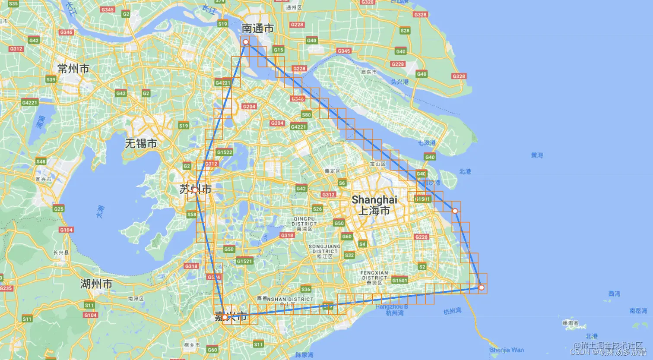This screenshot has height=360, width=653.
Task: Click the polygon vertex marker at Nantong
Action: pyautogui.click(x=245, y=42)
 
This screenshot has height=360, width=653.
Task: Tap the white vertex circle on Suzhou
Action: pyautogui.click(x=195, y=190)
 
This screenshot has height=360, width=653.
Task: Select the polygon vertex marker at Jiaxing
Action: pyautogui.click(x=225, y=317)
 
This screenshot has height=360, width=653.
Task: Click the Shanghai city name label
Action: pyautogui.click(x=374, y=205)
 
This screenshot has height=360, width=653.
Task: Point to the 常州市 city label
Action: pyautogui.click(x=73, y=68)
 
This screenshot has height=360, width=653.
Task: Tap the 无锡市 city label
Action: pyautogui.click(x=141, y=143)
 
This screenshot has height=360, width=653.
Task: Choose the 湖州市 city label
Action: pyautogui.click(x=96, y=284)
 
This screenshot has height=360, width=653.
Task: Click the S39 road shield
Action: pyautogui.click(x=51, y=79)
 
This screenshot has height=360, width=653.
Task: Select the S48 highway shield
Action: pyautogui.click(x=41, y=161)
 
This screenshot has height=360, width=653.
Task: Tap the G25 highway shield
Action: pyautogui.click(x=59, y=209)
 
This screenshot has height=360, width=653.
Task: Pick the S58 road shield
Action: pyautogui.click(x=192, y=215)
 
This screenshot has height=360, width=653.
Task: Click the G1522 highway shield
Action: pyautogui.click(x=225, y=152)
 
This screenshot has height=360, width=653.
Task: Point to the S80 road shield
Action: pyautogui.click(x=306, y=115)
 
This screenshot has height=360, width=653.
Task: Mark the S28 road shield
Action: pyautogui.click(x=405, y=31)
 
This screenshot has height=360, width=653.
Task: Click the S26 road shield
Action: pyautogui.click(x=317, y=209)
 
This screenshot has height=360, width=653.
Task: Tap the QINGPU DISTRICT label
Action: pyautogui.click(x=304, y=221)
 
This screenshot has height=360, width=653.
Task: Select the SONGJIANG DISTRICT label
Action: pyautogui.click(x=325, y=249)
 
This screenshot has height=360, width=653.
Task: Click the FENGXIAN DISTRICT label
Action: pyautogui.click(x=374, y=275)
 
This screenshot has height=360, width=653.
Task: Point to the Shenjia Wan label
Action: pyautogui.click(x=507, y=350)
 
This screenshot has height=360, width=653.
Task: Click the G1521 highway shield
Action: pyautogui.click(x=244, y=261)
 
